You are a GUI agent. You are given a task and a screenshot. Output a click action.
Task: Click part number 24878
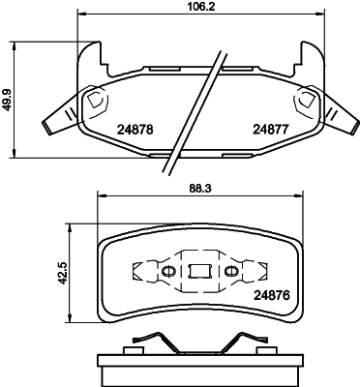coord(135,127)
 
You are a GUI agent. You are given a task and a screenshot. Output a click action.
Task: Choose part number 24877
coord(271,127)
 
